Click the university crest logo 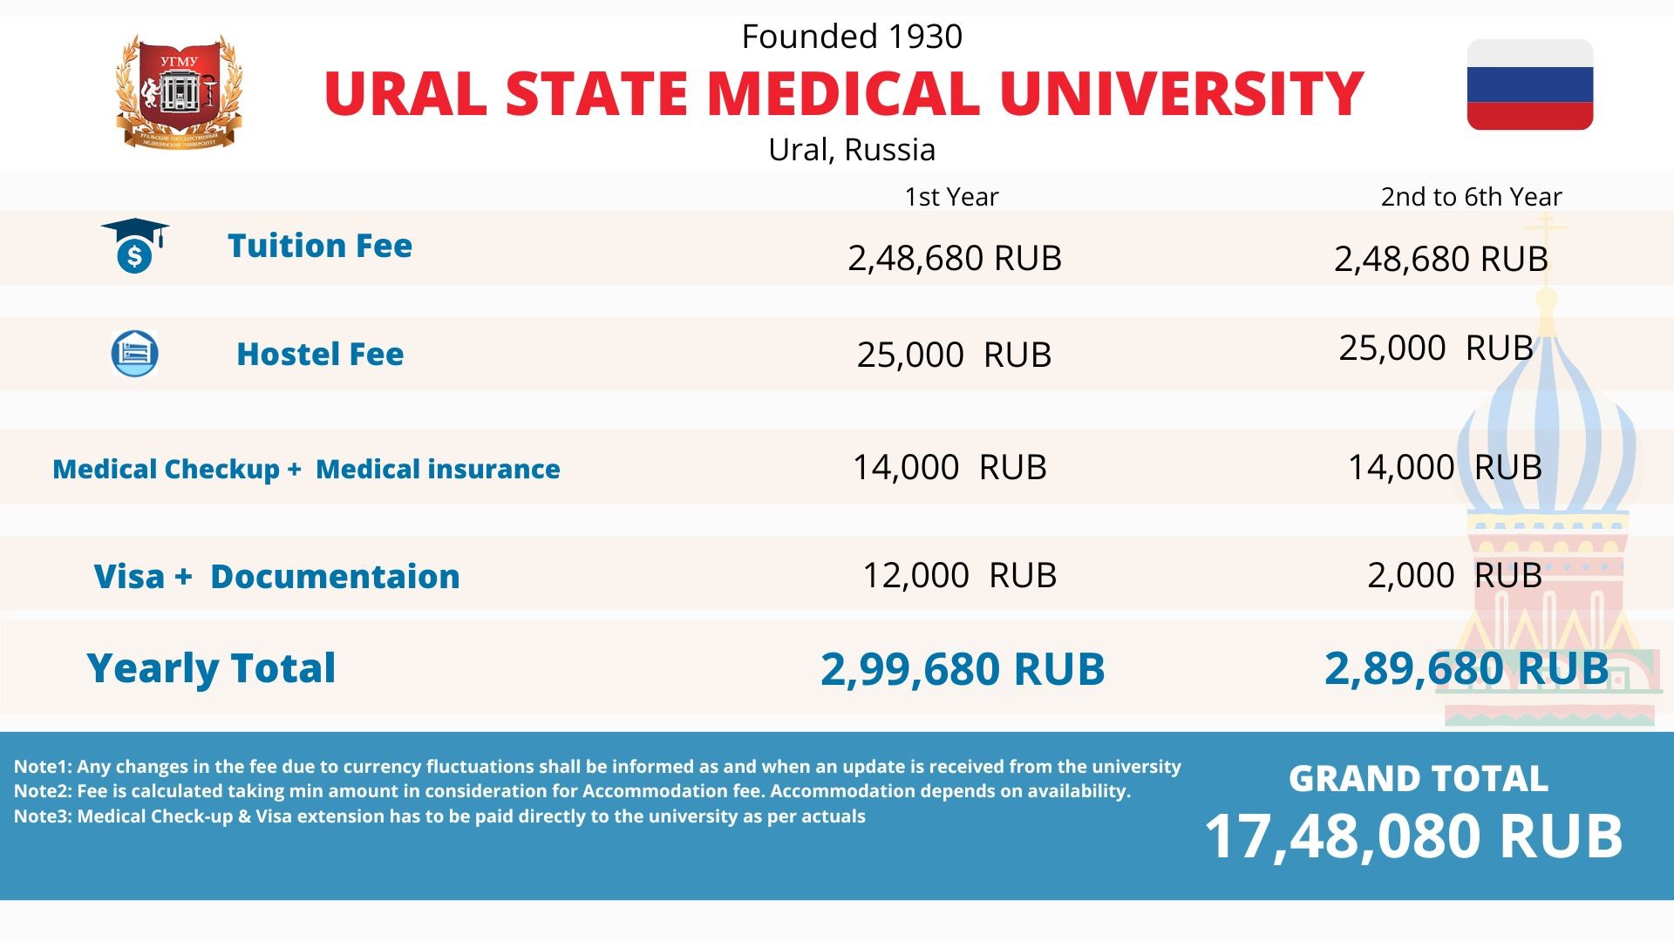click(179, 91)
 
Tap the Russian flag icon click(1529, 85)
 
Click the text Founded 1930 click(852, 37)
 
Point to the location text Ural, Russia click(852, 150)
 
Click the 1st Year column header click(951, 197)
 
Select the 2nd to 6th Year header click(1471, 197)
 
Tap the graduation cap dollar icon click(135, 246)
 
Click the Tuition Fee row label click(320, 246)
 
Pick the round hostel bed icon click(134, 354)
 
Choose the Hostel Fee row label click(320, 355)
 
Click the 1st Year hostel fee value click(954, 355)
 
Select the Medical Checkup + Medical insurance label click(306, 470)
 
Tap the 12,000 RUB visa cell click(959, 576)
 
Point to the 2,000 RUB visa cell click(1454, 576)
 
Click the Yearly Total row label click(211, 668)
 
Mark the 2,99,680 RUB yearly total click(963, 669)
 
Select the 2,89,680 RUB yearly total click(1466, 669)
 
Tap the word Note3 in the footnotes click(42, 816)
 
